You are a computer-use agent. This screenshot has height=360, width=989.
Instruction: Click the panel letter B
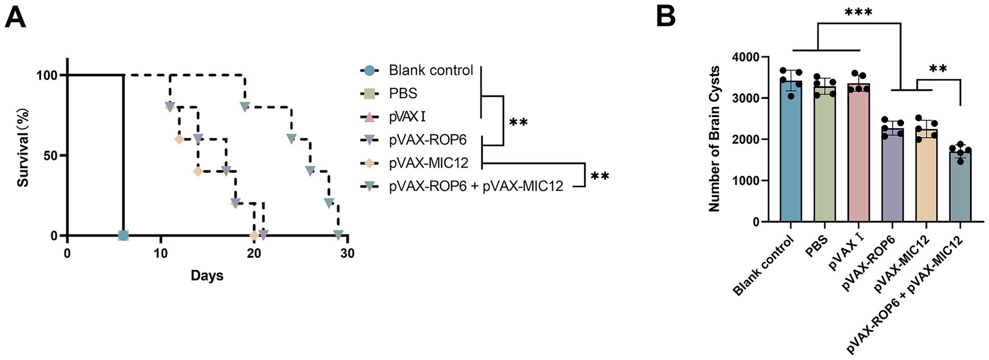pos(666,16)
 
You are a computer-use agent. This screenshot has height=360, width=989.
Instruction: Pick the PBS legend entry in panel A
pos(403,94)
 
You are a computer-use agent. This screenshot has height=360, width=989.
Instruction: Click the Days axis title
pos(207,275)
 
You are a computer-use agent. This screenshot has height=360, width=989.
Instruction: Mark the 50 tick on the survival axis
pos(47,156)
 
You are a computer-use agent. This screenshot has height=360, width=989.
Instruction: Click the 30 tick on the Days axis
pos(347,253)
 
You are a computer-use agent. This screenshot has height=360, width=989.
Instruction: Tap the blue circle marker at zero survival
pos(123,236)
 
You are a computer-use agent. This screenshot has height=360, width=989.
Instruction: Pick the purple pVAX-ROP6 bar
pos(892,177)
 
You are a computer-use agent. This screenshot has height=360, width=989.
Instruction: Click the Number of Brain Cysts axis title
pos(714,138)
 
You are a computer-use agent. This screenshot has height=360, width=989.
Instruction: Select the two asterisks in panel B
pos(938,69)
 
